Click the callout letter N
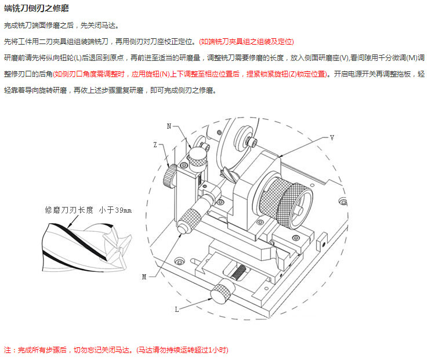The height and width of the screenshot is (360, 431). click(169, 126)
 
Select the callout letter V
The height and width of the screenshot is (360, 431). click(332, 137)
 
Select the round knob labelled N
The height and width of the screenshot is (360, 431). click(198, 155)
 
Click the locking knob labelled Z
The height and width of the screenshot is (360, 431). click(170, 175)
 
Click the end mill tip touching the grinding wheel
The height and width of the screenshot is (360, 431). click(226, 172)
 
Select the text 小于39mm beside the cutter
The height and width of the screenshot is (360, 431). click(115, 210)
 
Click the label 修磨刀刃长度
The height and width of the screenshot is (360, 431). click(69, 210)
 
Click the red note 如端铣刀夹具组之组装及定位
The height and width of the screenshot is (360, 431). click(247, 42)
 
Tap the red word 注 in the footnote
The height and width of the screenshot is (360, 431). click(8, 350)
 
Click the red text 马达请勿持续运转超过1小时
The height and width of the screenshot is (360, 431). click(183, 350)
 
